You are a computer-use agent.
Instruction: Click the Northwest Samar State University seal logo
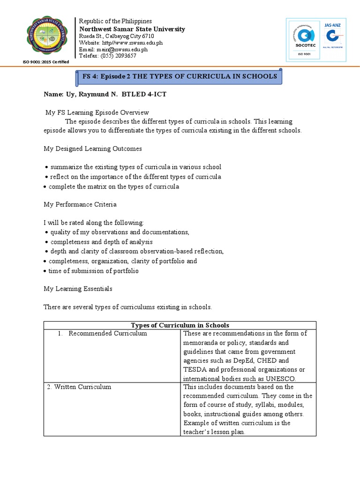(x=46, y=38)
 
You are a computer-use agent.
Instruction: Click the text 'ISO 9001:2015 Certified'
(x=46, y=62)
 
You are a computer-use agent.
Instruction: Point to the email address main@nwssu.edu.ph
(x=113, y=49)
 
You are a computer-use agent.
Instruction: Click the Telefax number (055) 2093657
(x=107, y=55)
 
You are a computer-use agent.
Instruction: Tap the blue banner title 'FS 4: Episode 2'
(x=179, y=76)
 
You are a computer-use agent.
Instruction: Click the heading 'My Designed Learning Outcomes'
(x=93, y=149)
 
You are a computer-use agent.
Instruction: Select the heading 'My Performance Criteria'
(x=80, y=204)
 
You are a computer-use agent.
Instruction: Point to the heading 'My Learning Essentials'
(x=78, y=289)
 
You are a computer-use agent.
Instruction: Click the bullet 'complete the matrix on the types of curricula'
(x=114, y=187)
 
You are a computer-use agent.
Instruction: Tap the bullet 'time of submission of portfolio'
(x=94, y=271)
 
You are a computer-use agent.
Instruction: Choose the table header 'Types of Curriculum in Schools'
(x=180, y=325)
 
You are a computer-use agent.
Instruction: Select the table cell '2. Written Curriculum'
(x=79, y=387)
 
